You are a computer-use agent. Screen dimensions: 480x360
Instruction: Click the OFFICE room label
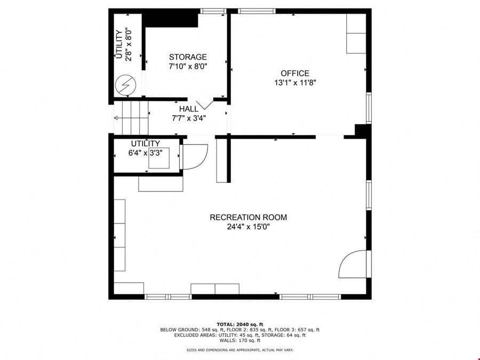(x=295, y=74)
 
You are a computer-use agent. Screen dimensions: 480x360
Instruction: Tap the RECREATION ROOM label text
(x=248, y=218)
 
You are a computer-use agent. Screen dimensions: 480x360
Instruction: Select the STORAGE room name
(x=188, y=57)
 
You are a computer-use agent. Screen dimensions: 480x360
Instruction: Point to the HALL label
(x=189, y=109)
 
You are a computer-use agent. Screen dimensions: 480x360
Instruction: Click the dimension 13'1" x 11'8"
(x=295, y=83)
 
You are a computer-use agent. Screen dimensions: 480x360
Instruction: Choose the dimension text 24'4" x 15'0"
(x=248, y=227)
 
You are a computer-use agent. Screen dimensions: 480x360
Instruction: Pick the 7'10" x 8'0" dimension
(x=188, y=66)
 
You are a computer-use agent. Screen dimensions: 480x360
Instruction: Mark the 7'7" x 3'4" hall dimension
(x=189, y=118)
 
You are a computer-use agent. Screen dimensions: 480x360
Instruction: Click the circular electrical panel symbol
(x=125, y=85)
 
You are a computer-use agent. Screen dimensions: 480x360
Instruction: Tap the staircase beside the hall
(x=131, y=118)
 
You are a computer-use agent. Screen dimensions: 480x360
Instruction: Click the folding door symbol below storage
(x=204, y=105)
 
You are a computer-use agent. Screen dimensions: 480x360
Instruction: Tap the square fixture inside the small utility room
(x=159, y=158)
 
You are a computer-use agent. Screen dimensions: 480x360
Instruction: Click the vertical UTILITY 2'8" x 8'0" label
(x=124, y=44)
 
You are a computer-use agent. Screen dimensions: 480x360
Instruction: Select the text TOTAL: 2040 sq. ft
(x=239, y=324)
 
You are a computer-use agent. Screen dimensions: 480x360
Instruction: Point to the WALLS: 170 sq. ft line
(x=239, y=340)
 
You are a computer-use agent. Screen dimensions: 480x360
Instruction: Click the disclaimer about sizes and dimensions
(x=239, y=350)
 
